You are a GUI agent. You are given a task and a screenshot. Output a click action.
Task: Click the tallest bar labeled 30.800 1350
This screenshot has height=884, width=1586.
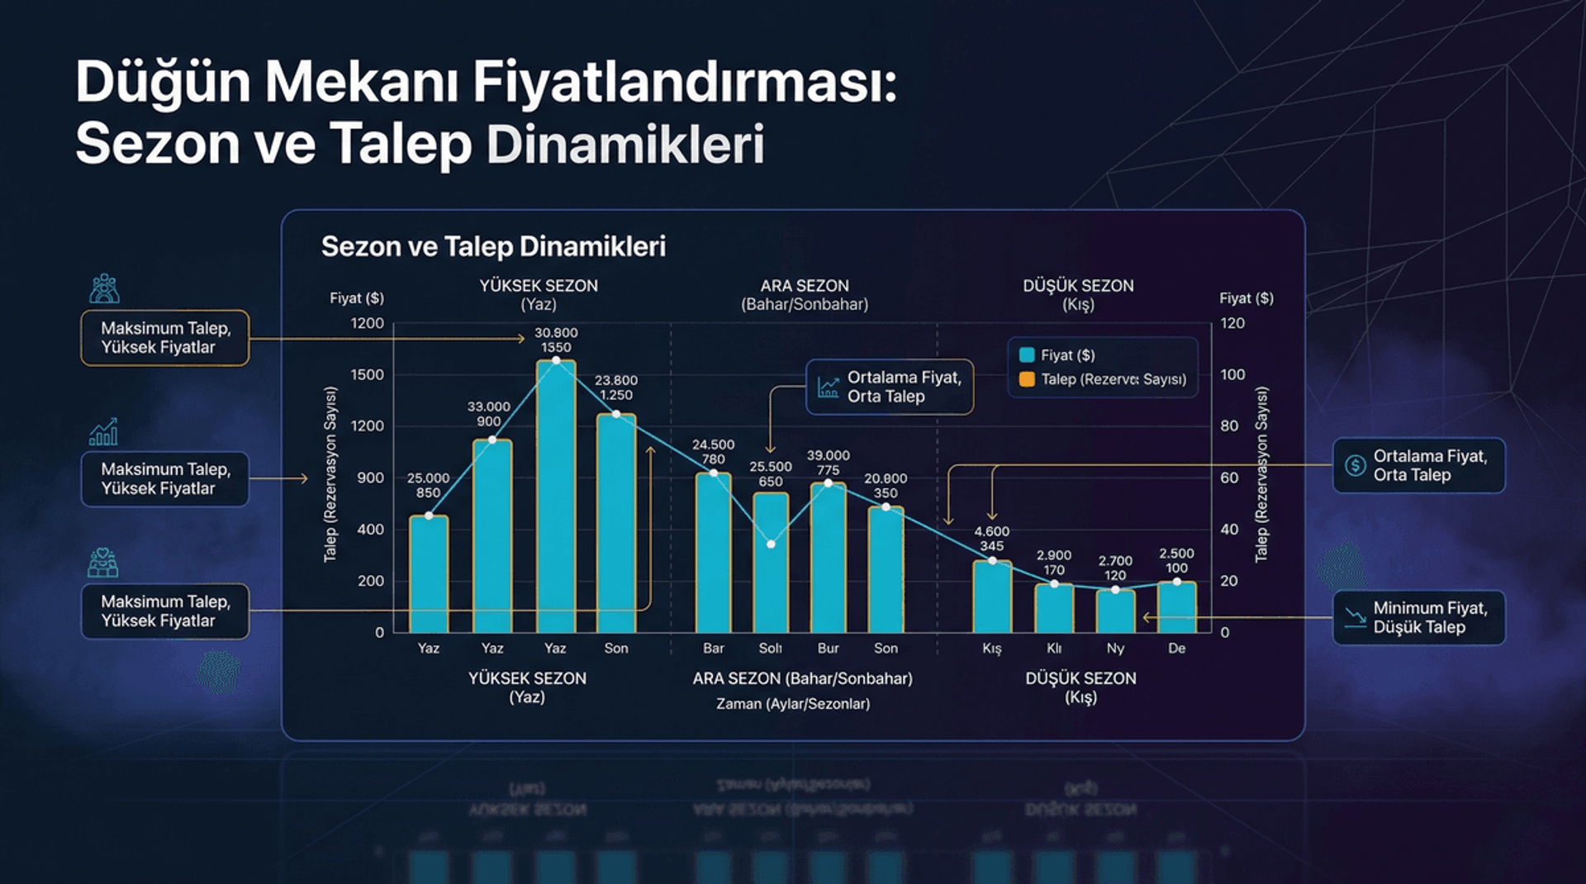tap(555, 496)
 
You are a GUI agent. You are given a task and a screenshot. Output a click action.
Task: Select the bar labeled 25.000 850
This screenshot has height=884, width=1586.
tap(429, 574)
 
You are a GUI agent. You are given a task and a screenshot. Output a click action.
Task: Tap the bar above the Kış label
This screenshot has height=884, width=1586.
tap(992, 596)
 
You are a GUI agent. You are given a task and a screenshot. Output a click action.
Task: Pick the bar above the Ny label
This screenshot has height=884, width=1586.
tap(1115, 611)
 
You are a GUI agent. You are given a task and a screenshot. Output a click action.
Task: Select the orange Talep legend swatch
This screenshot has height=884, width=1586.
tap(1027, 379)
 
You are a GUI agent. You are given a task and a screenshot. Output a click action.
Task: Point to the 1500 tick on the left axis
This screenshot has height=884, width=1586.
tap(367, 374)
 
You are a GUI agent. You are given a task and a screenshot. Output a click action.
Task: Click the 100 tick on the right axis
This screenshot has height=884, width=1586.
tap(1232, 374)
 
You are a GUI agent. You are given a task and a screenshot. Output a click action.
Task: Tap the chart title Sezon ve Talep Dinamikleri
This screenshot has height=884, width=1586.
tap(493, 246)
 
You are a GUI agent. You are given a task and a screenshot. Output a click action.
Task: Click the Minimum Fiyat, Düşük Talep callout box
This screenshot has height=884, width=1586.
tap(1418, 617)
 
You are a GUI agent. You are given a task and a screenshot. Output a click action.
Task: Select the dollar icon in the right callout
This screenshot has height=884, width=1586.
tap(1355, 465)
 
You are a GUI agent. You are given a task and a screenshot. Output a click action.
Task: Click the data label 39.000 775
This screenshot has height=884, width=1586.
tap(828, 462)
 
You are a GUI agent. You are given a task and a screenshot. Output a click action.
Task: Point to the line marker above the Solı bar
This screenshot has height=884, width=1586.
tap(771, 544)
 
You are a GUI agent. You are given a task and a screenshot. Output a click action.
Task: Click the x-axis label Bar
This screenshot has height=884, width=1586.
tap(713, 649)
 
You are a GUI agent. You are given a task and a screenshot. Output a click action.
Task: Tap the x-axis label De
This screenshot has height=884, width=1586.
tap(1176, 649)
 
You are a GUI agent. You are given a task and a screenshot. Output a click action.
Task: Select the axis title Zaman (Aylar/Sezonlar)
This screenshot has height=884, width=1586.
tap(792, 704)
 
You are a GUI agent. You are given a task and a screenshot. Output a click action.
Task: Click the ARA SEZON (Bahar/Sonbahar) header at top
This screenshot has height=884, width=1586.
tap(804, 294)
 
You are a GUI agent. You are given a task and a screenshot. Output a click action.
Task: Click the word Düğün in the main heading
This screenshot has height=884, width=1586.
tap(163, 83)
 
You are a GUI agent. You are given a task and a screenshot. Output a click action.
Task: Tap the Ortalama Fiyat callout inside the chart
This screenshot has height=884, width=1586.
tap(890, 387)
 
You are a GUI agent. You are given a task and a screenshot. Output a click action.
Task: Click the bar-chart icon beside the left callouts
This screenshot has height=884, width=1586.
tap(103, 431)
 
